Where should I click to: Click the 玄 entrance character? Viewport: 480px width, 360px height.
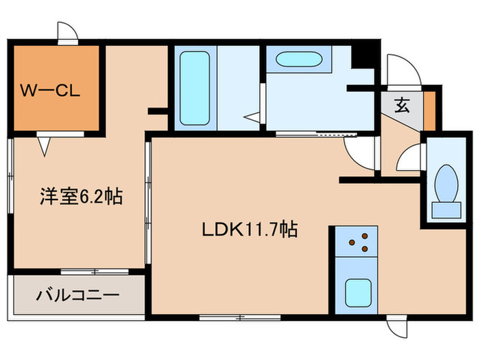(x=401, y=106)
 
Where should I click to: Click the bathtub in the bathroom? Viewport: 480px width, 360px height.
(x=193, y=87)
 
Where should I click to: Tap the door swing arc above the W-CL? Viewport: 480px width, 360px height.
(x=66, y=32)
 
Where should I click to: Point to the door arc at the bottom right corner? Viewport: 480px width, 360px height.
(x=394, y=327)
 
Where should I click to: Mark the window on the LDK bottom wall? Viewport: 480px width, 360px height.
(x=239, y=317)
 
